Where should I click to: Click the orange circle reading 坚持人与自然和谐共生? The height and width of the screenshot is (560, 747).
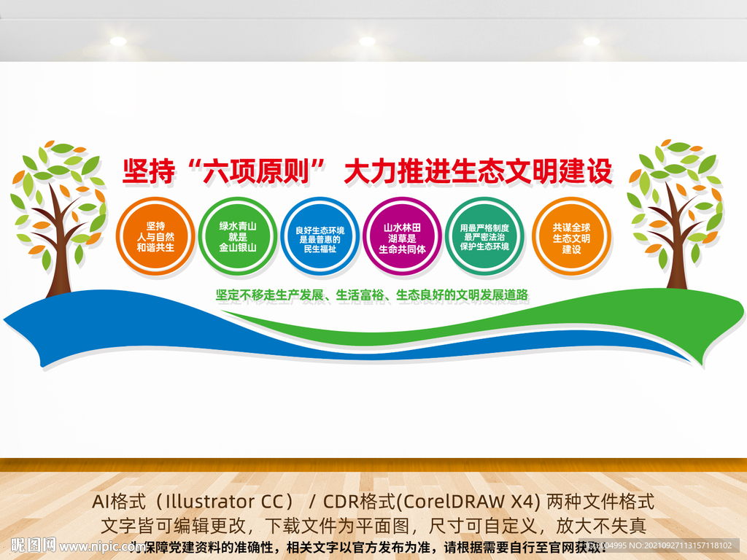(x=155, y=236)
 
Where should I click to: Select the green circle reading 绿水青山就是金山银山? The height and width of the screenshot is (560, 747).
(x=238, y=236)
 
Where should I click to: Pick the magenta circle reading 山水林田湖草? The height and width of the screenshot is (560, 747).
(x=403, y=236)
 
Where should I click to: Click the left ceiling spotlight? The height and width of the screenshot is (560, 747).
(x=118, y=42)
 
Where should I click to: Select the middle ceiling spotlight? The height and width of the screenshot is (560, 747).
(x=367, y=42)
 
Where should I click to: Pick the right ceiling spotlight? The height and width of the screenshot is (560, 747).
(x=592, y=42)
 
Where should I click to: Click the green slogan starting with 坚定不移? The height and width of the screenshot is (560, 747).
(x=371, y=295)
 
